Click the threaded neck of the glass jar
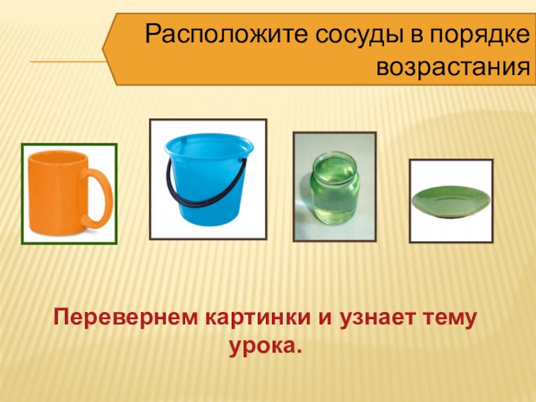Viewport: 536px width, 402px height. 334,160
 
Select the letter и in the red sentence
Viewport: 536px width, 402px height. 324,318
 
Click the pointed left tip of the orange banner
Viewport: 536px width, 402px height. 104,48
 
